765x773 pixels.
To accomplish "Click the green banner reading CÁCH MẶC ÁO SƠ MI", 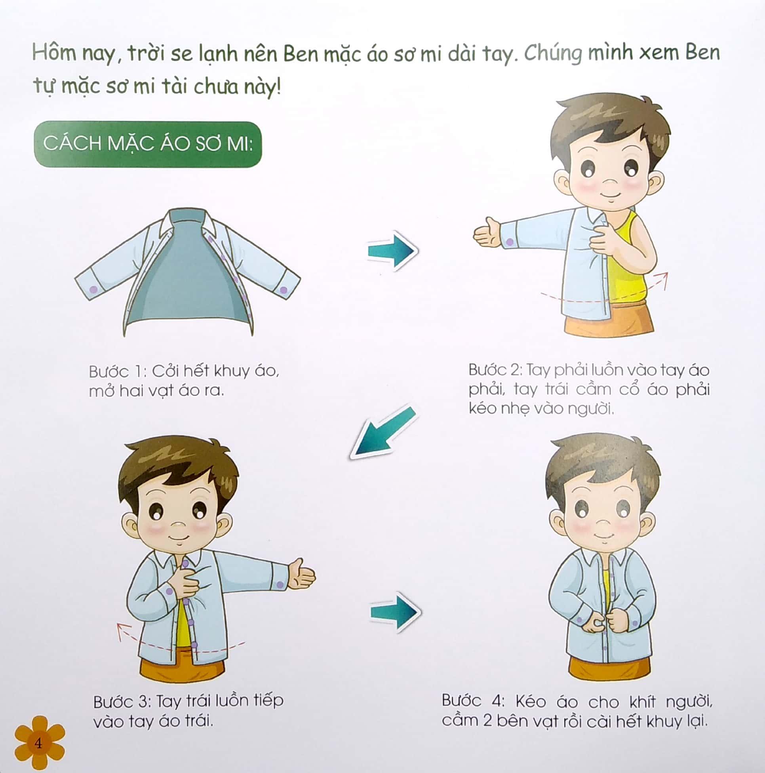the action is click(x=148, y=144).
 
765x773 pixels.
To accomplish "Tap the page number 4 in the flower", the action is click(x=38, y=743).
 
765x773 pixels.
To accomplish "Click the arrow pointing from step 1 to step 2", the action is click(x=393, y=251).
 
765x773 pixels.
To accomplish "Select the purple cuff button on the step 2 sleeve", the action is click(x=510, y=242).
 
